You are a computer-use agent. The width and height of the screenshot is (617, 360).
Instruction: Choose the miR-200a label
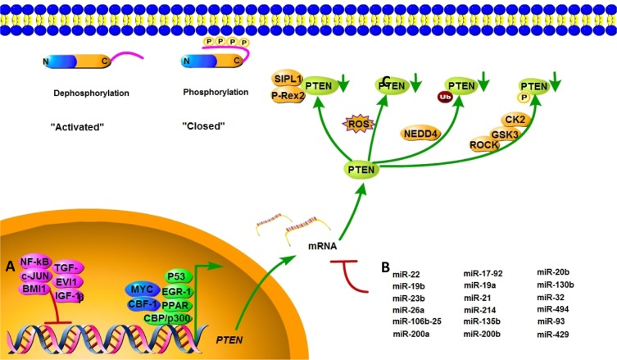pos(409,334)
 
